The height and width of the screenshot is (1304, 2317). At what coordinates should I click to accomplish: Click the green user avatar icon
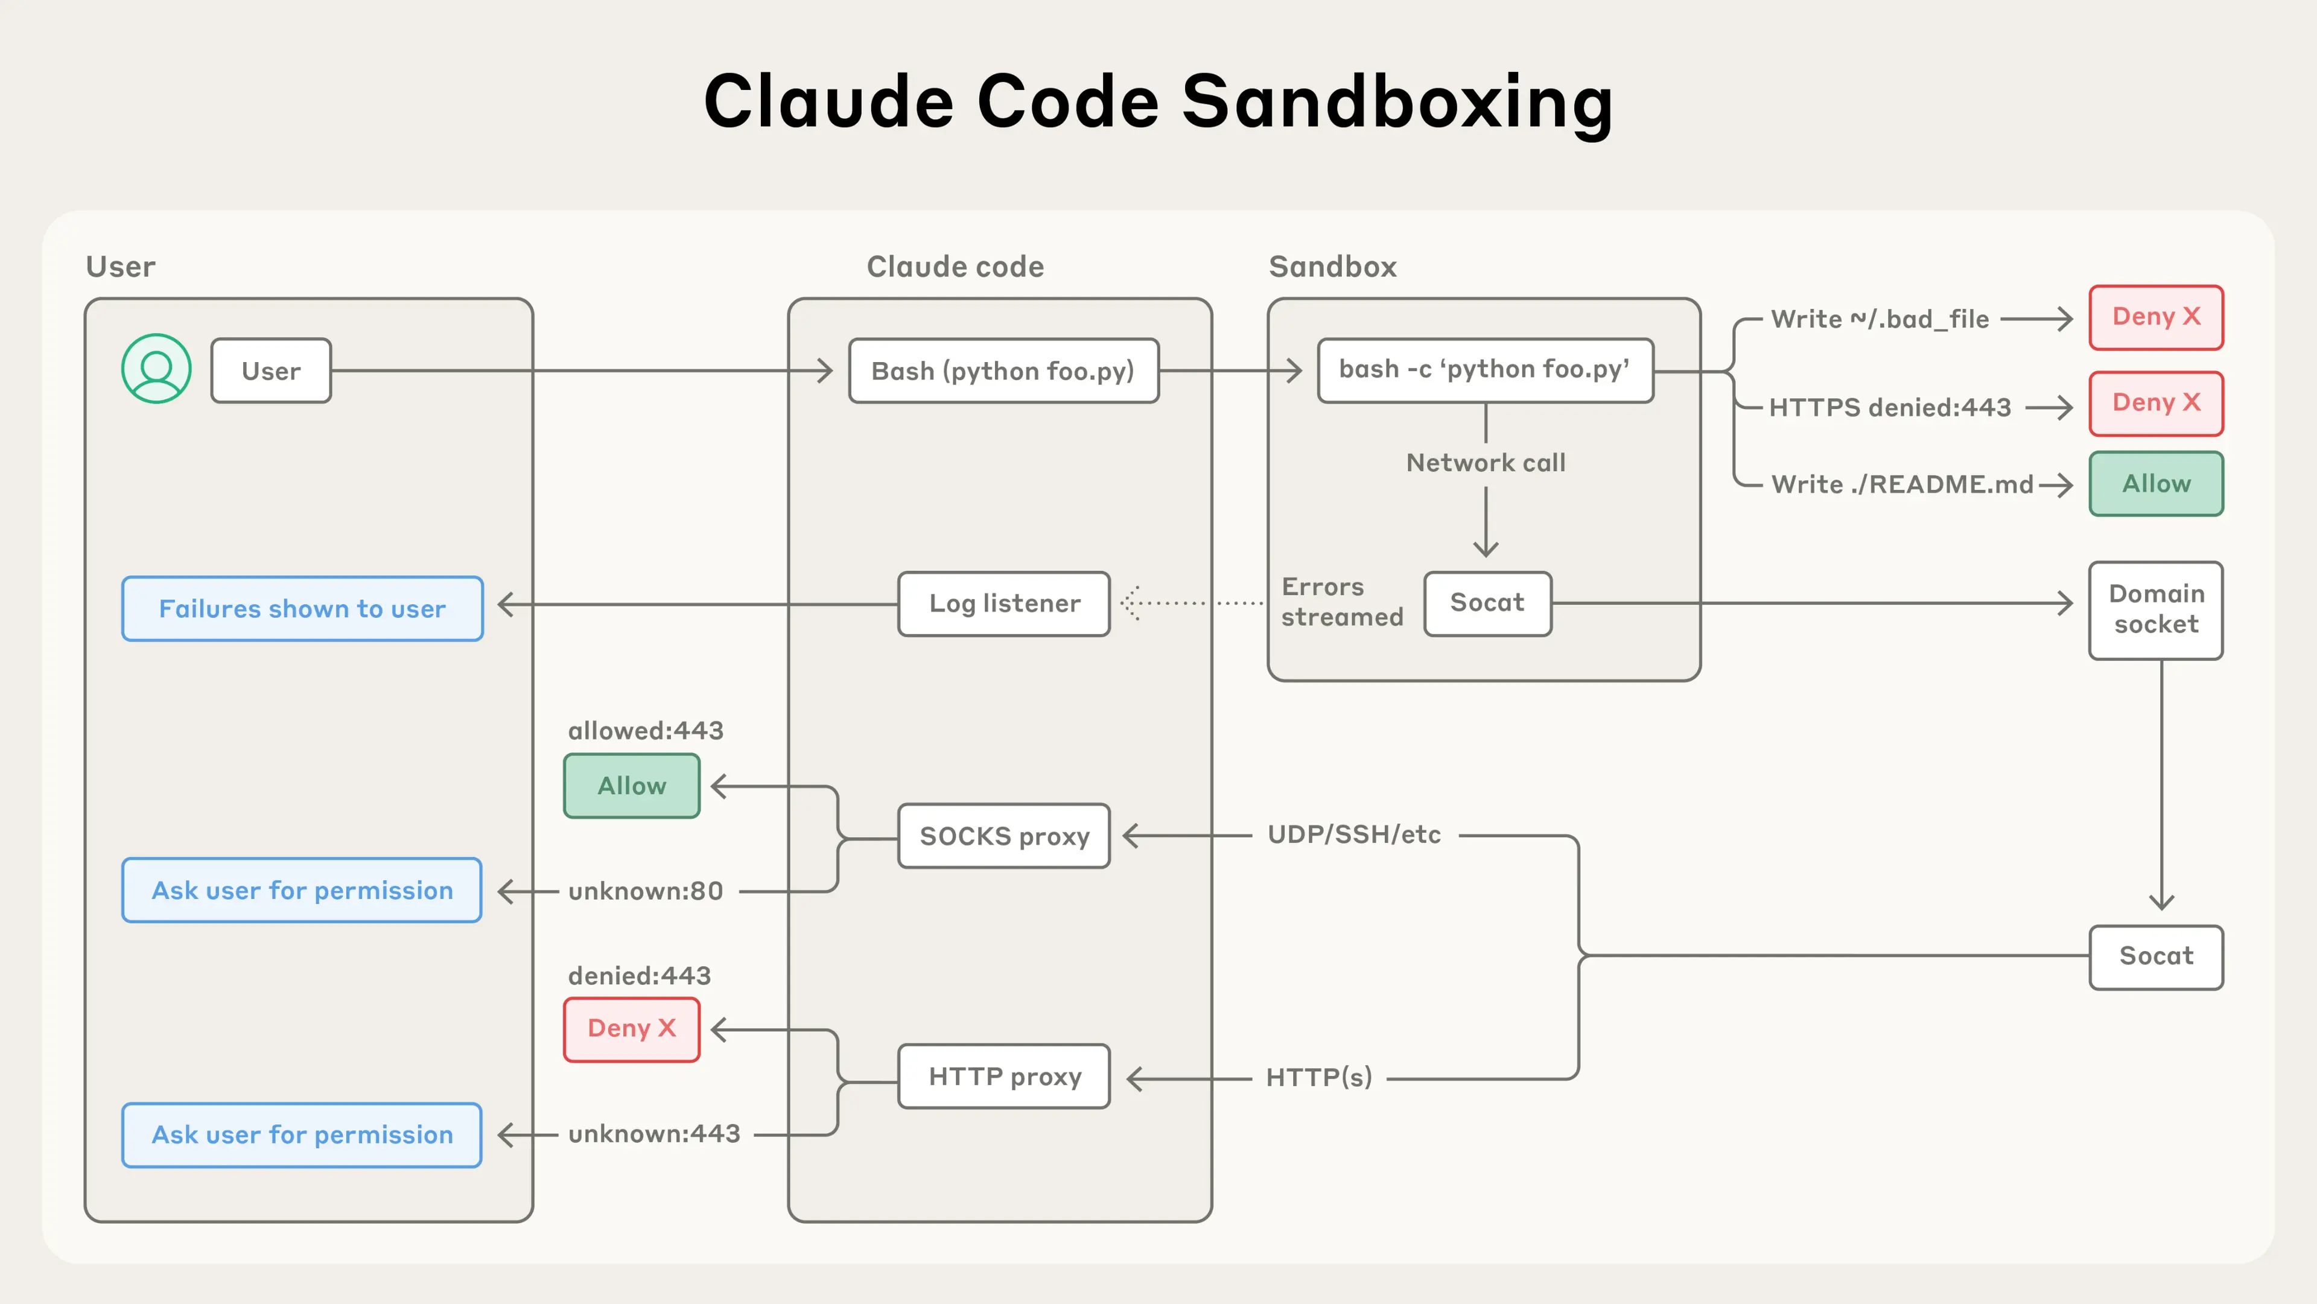point(156,369)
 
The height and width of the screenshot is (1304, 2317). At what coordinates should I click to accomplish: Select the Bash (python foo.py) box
point(1003,371)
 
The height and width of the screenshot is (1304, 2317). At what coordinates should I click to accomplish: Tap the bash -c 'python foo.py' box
point(1484,370)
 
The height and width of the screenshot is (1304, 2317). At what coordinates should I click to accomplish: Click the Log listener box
point(1004,603)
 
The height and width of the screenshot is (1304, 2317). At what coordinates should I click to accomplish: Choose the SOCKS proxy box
point(1004,836)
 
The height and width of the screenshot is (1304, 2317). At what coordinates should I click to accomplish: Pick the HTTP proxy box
point(1004,1077)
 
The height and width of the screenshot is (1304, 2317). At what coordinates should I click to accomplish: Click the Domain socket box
point(2155,609)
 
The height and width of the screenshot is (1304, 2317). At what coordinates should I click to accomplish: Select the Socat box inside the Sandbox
point(1487,603)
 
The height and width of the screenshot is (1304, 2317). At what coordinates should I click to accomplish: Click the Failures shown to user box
point(302,609)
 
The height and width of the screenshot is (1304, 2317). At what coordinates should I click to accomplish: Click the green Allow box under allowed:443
point(631,786)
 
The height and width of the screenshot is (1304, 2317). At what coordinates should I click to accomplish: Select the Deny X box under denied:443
point(631,1029)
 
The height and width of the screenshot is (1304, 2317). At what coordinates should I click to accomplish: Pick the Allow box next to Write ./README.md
point(2155,484)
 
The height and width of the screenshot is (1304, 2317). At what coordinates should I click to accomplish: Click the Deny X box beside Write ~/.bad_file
point(2155,317)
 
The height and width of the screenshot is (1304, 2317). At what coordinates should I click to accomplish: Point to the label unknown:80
point(645,891)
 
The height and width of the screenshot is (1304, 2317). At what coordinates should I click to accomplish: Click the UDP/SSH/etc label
point(1353,835)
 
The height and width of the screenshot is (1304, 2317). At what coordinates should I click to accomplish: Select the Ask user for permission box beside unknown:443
point(302,1135)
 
